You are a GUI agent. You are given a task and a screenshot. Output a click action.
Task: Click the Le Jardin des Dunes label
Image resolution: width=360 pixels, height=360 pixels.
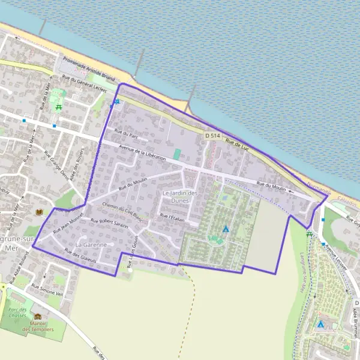[x=180, y=197]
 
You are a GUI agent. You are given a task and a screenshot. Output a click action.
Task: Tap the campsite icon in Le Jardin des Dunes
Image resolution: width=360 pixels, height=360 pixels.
[x=226, y=229]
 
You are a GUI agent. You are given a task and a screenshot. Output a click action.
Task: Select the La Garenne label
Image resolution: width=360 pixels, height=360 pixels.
[x=91, y=245]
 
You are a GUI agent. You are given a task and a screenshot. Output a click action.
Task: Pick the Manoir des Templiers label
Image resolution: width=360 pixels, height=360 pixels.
[x=38, y=326]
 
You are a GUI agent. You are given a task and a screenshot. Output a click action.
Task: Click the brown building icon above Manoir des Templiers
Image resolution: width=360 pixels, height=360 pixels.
[x=38, y=316]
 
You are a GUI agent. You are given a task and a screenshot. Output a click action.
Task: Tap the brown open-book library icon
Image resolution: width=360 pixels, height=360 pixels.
[x=40, y=212]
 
